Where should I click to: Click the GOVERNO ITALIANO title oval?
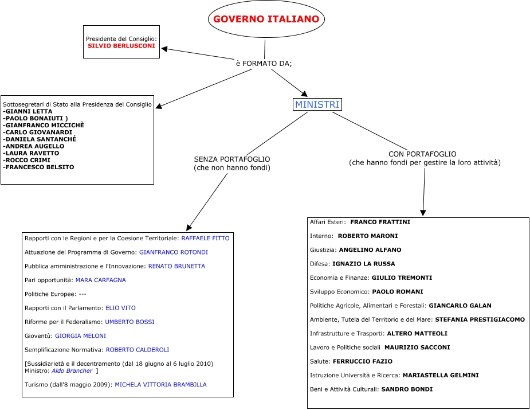coord(266,19)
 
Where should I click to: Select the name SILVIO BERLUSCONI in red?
coord(121,45)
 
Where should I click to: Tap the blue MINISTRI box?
coord(317,104)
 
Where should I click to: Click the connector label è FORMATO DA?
coord(264,63)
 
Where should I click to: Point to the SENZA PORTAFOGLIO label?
coord(232,159)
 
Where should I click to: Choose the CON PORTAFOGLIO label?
coord(422,154)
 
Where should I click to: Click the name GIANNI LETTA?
coord(29,111)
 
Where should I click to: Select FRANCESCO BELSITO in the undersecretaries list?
coord(40,167)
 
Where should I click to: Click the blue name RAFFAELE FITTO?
coord(205,237)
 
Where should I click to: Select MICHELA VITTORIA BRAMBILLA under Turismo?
coord(160,384)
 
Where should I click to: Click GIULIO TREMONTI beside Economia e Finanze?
coord(402,278)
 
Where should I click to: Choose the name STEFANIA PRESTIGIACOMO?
coord(480,319)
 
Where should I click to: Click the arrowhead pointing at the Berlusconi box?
coord(164,49)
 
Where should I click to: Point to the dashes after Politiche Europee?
coord(83,294)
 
